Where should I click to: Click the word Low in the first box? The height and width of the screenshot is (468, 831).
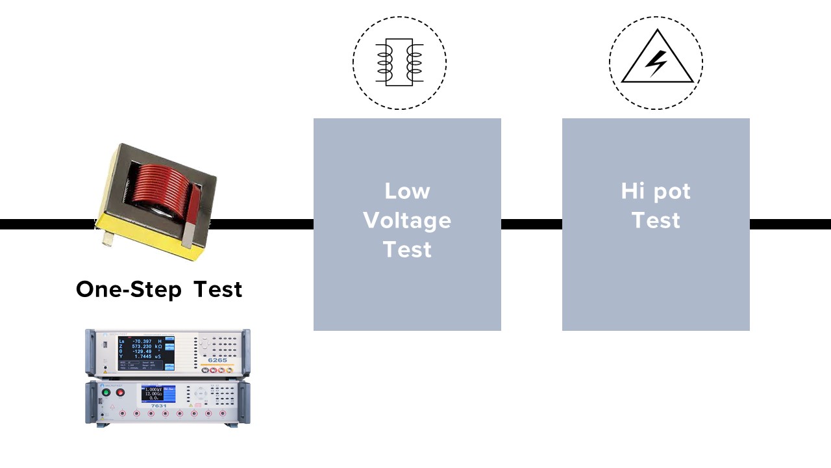point(407,191)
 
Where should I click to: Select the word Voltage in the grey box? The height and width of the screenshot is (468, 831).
point(407,220)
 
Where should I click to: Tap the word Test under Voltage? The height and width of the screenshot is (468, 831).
point(407,250)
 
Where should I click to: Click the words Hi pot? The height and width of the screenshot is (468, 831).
point(656,191)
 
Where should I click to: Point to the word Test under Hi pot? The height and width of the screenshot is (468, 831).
point(656,220)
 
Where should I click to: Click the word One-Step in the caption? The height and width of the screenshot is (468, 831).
point(128,289)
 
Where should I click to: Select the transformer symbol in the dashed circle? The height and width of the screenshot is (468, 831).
point(399,62)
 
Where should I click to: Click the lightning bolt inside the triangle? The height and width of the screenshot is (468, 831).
point(656,63)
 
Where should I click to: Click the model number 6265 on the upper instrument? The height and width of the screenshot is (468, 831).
point(217,359)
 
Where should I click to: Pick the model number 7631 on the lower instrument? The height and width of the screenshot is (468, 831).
point(158,405)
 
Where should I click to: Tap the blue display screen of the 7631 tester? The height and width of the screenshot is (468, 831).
point(158,393)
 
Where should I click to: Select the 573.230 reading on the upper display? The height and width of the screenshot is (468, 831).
point(142,348)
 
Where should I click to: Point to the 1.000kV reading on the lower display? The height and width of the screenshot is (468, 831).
point(153,389)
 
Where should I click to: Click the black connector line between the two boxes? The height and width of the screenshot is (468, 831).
point(531,224)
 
